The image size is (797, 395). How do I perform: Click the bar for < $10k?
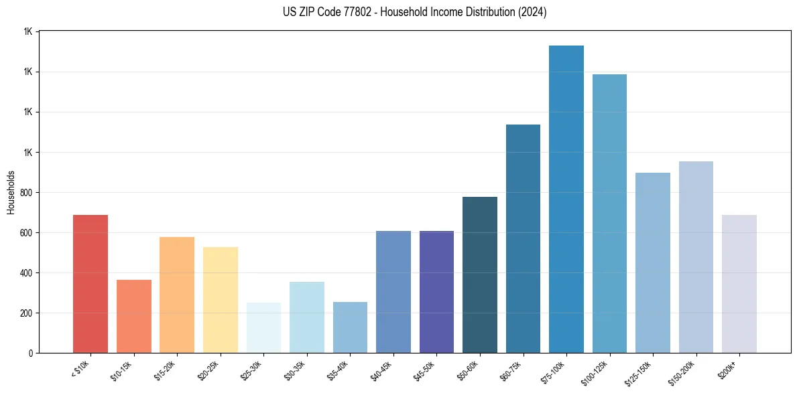(90, 284)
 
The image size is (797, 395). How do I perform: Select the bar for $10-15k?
(133, 316)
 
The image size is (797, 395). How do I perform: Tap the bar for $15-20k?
(177, 295)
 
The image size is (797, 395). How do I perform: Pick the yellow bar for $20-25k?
(220, 300)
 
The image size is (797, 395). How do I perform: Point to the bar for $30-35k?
(306, 317)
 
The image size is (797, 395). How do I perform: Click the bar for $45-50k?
(436, 292)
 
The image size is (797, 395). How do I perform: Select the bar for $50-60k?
(480, 274)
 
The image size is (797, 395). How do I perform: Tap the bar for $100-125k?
(609, 214)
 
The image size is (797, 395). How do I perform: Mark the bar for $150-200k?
(696, 257)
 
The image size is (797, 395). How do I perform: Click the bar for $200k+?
(739, 284)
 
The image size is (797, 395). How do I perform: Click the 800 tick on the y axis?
(27, 193)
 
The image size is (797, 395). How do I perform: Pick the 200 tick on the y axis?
(27, 313)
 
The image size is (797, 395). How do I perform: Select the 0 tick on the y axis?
(31, 353)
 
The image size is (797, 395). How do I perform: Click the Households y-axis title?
(11, 192)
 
